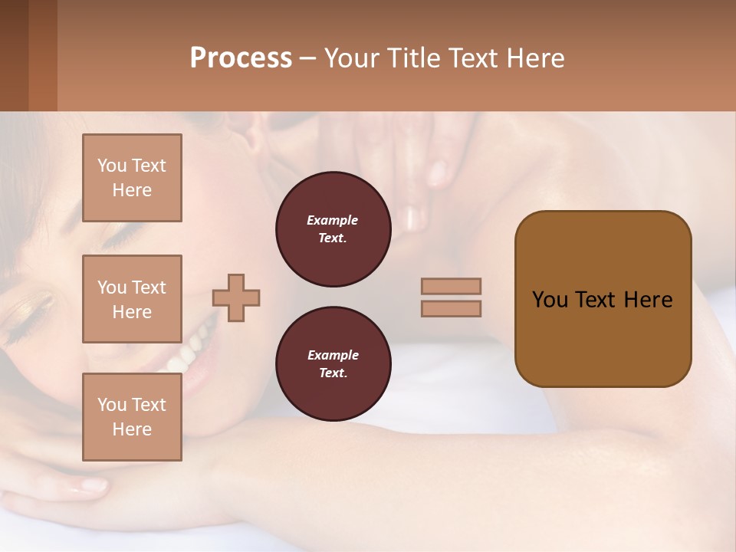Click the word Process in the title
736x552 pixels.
point(241,58)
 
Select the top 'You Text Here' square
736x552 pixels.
point(132,178)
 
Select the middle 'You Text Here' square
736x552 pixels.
point(132,299)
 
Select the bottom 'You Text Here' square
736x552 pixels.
point(132,416)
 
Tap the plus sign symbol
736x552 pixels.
point(236,297)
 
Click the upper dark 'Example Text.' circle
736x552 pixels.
point(333,229)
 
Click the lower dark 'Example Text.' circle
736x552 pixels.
point(333,364)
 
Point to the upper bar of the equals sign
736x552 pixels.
point(452,286)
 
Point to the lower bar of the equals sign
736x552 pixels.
point(452,308)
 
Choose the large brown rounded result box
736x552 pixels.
point(603,299)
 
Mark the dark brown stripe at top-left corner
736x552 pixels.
point(14,55)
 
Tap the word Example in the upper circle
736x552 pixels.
point(332,220)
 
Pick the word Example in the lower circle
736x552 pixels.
point(333,355)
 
